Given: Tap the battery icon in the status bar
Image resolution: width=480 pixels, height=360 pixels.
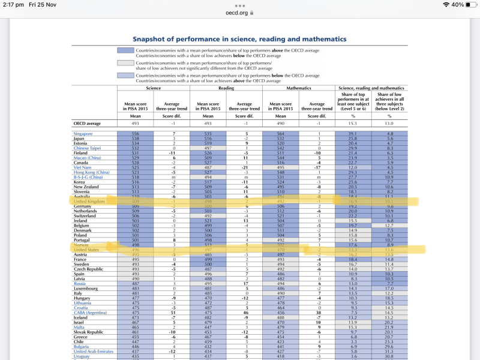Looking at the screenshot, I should [x=468, y=4].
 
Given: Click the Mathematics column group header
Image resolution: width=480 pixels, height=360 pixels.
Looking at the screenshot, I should [x=298, y=88].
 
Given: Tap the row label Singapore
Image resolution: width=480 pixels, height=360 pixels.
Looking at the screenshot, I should [x=83, y=133].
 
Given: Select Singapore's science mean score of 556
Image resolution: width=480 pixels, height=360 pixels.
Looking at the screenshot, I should [x=134, y=133].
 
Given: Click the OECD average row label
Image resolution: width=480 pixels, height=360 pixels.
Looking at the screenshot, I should [x=86, y=122].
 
